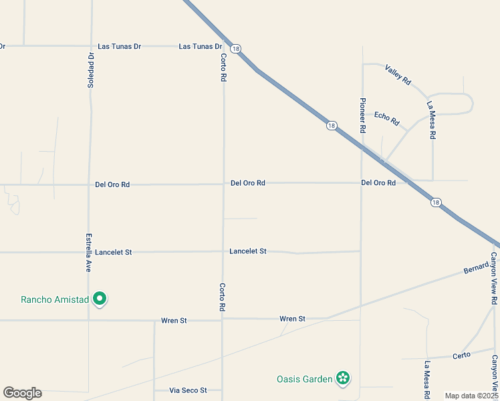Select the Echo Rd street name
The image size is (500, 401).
pos(386,118)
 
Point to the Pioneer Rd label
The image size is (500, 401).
pos(363,116)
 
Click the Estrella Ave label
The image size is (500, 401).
pos(88,252)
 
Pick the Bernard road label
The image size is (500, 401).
pos(477,270)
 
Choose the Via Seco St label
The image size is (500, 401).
pos(188,390)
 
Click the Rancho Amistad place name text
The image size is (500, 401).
pos(55,299)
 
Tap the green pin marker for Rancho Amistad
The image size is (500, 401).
pos(100,299)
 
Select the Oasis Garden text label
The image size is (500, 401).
pos(305,379)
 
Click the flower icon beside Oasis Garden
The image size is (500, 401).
pos(343,379)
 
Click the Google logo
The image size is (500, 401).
pos(22,393)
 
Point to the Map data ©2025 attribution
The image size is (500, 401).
pos(472,396)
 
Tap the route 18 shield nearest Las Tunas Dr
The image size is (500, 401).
pos(235,49)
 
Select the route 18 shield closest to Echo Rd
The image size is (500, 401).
pos(332,126)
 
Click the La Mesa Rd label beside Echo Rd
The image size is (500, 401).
pos(432,120)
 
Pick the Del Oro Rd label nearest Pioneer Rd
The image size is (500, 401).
pos(378,182)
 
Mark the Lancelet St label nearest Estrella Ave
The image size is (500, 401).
pos(114,253)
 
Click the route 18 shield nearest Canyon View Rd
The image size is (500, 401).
pos(436,203)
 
